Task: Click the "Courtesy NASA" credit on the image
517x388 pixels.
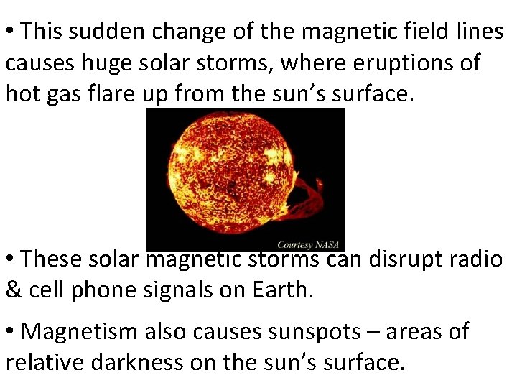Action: coord(310,244)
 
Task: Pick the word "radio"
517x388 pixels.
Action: coord(475,258)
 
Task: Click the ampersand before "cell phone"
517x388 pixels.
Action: coord(14,290)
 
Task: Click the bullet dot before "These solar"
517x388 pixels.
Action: coord(11,259)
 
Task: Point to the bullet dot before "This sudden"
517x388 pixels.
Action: coord(11,32)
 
